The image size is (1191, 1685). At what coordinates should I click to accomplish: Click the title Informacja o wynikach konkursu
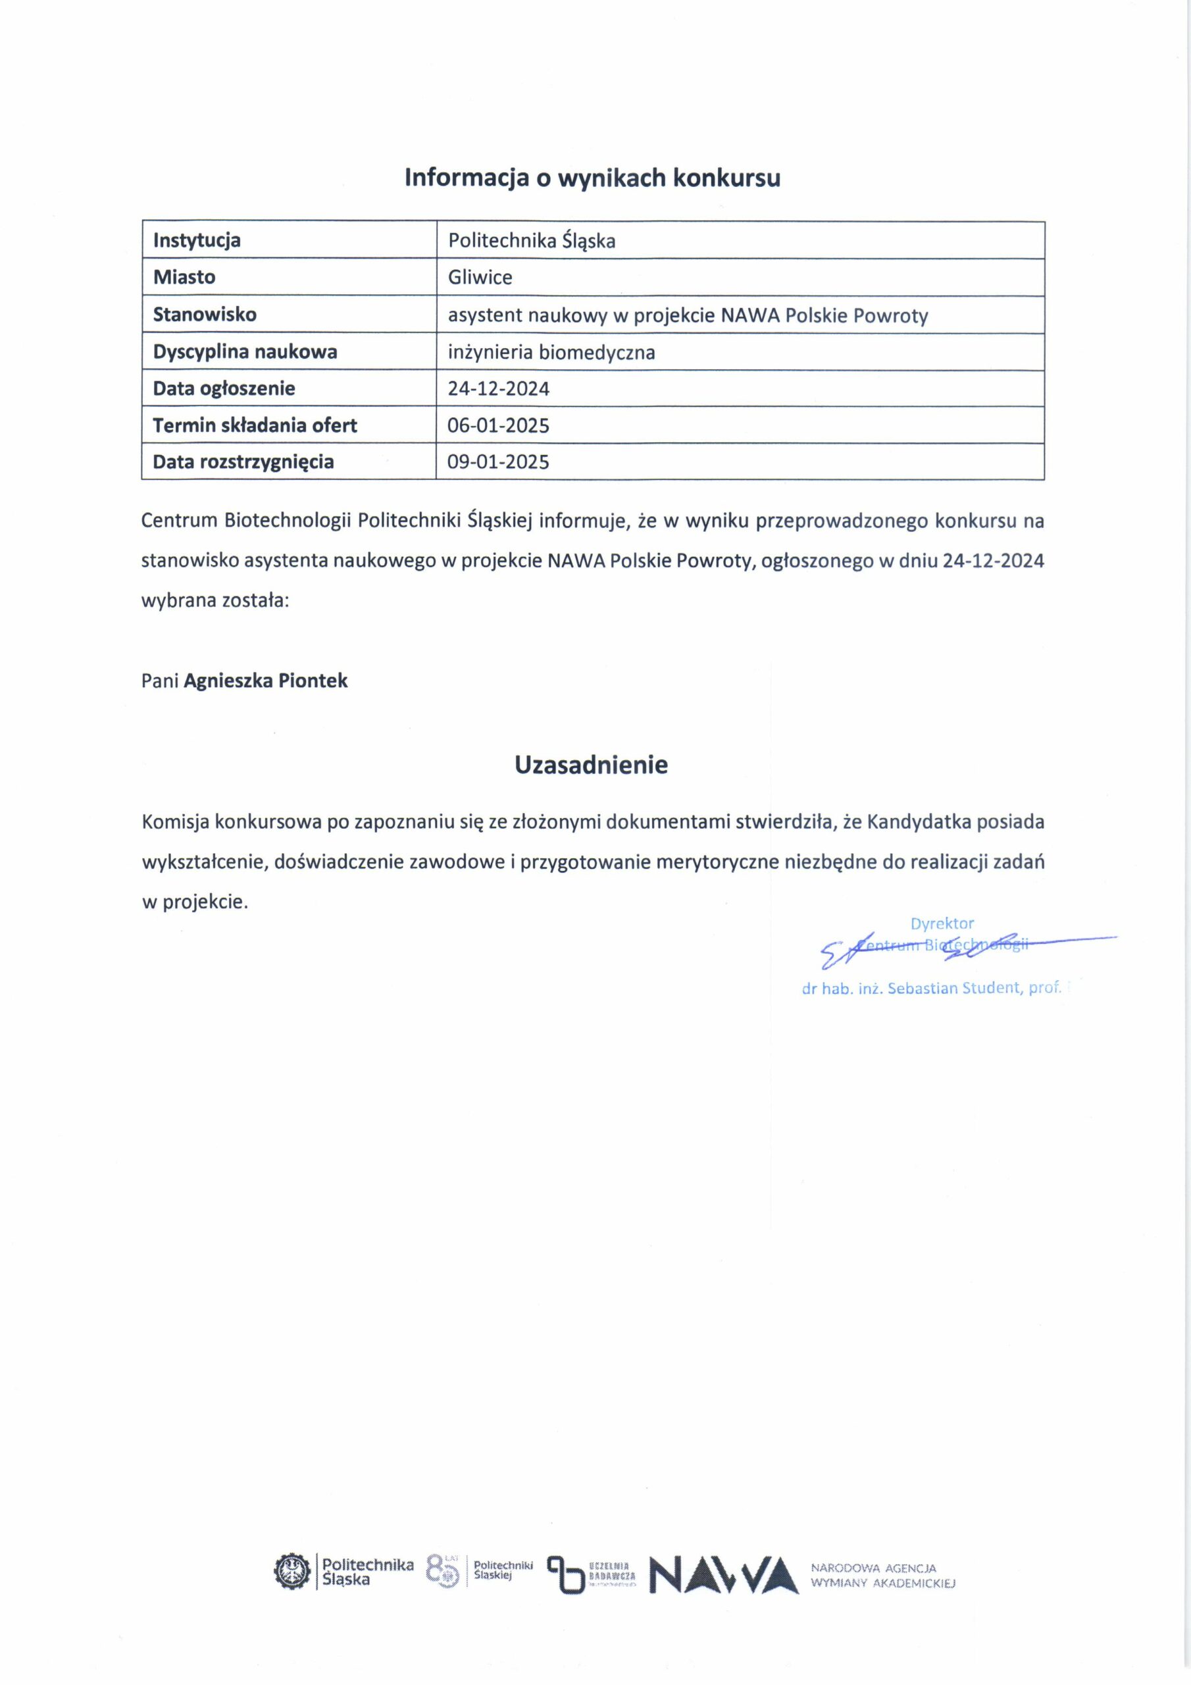[x=592, y=178]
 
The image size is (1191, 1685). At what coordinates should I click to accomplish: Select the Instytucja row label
[x=197, y=241]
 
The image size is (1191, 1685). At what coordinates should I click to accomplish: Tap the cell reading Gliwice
[x=480, y=277]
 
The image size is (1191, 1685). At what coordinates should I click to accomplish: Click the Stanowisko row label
[x=205, y=315]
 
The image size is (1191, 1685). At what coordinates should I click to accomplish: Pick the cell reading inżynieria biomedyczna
[x=551, y=352]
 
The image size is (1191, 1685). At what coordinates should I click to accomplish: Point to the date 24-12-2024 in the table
[x=498, y=389]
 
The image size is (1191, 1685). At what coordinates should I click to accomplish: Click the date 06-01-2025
[x=498, y=426]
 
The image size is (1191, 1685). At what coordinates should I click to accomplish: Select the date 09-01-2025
[x=498, y=462]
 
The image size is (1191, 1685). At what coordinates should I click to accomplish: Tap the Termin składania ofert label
[x=255, y=426]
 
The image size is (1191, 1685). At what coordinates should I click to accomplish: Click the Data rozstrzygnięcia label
[x=243, y=462]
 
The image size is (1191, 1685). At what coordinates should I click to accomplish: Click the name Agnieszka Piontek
[x=266, y=681]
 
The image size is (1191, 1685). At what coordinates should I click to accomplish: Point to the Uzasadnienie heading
[x=591, y=765]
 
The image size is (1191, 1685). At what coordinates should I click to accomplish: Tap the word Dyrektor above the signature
[x=942, y=923]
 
